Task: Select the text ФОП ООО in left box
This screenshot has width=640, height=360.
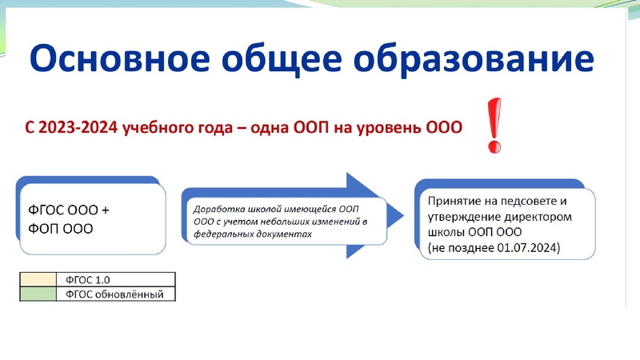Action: click(x=55, y=229)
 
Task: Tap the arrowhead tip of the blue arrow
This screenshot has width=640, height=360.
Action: click(x=389, y=215)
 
